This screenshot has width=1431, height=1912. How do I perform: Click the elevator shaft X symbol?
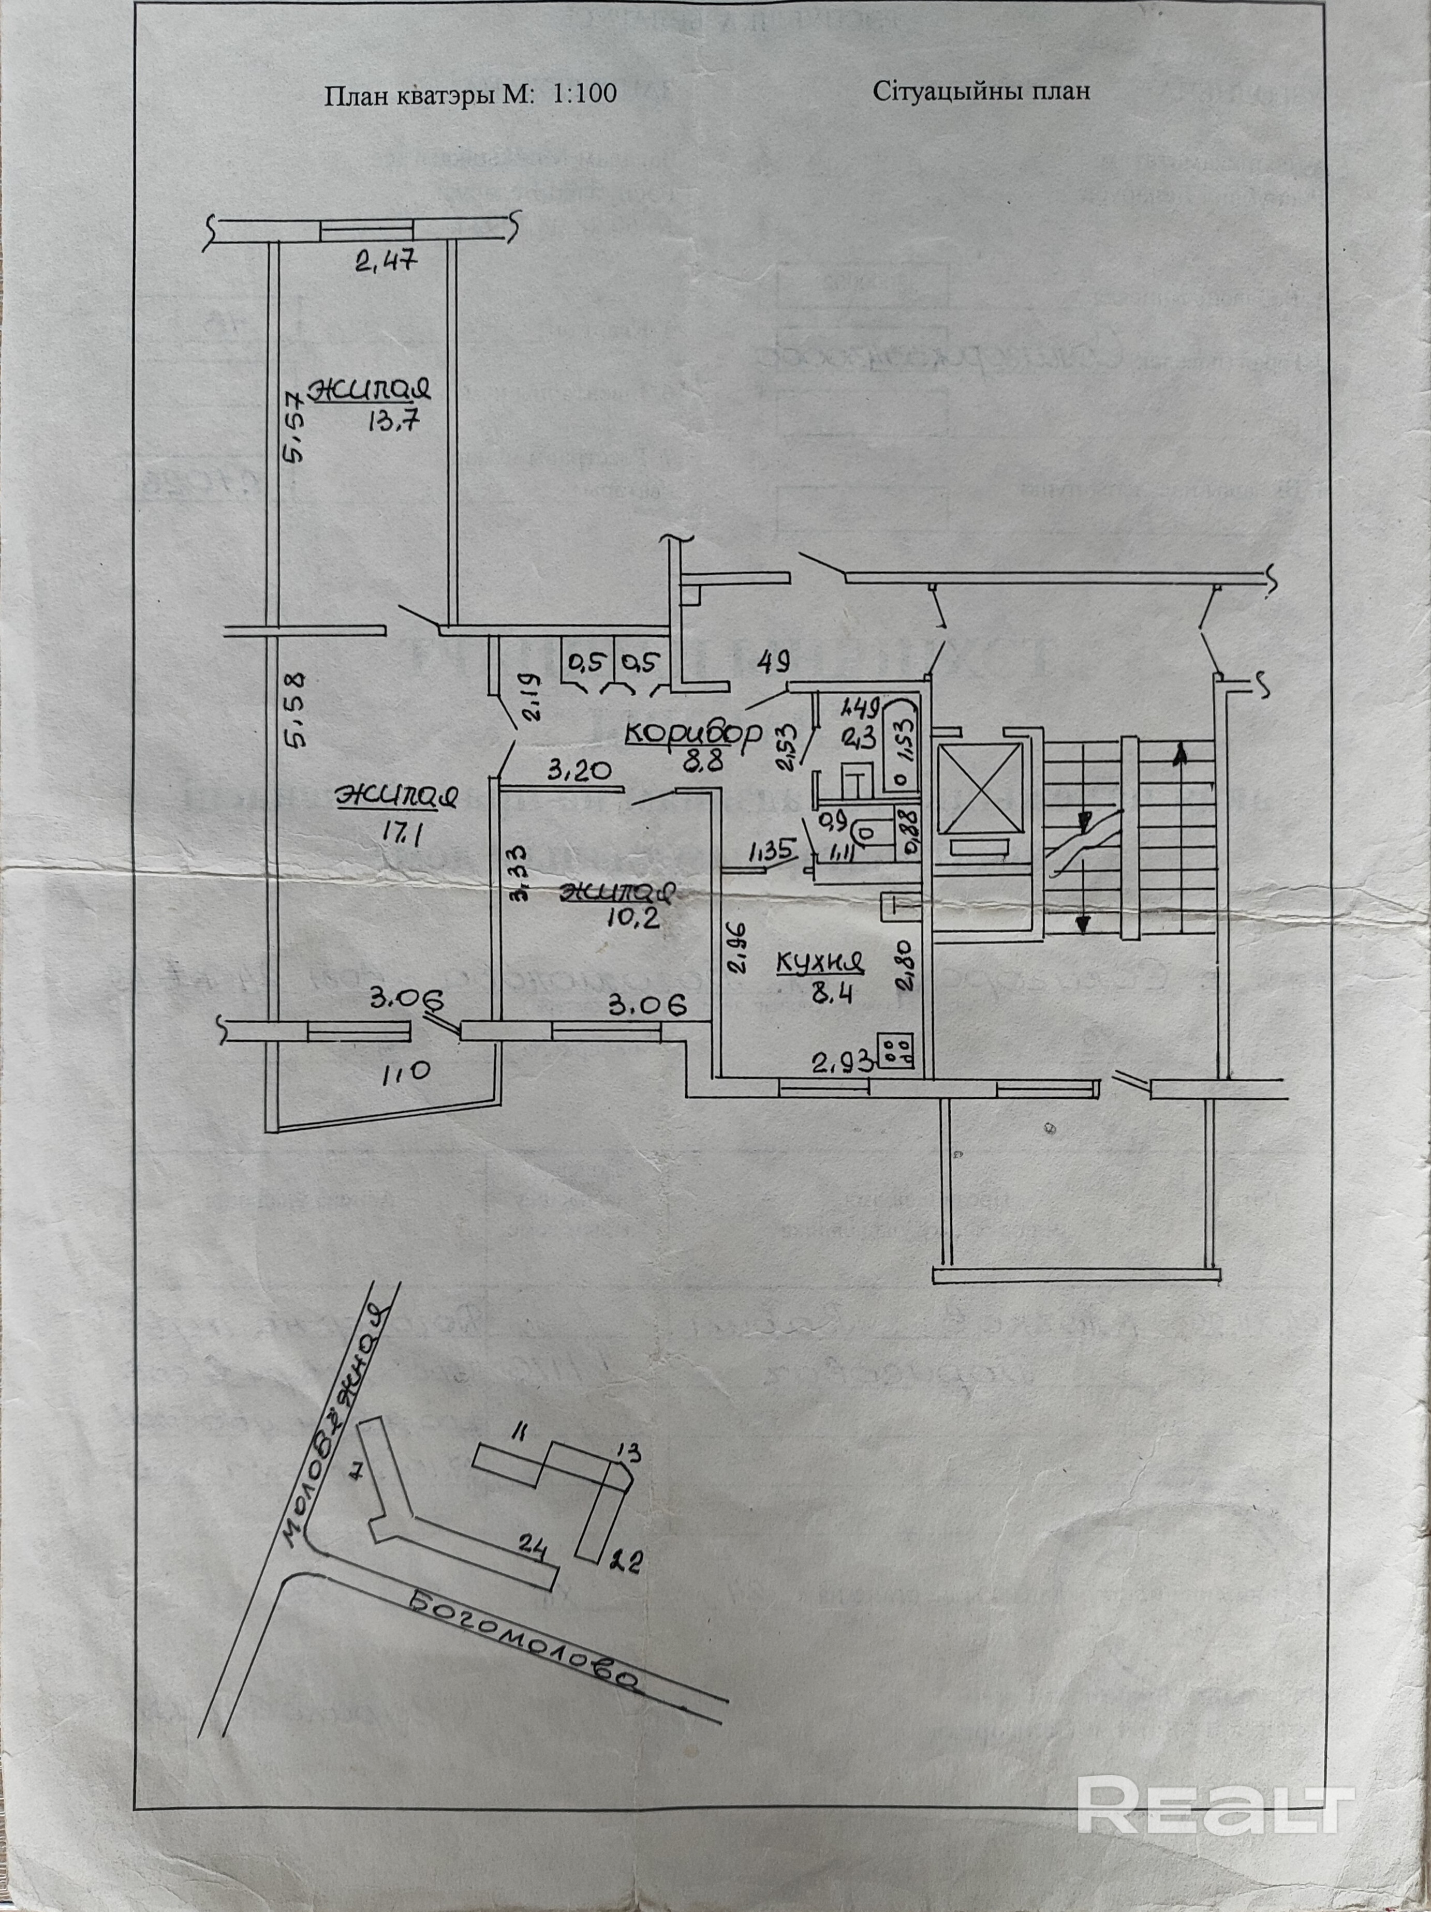point(980,787)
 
